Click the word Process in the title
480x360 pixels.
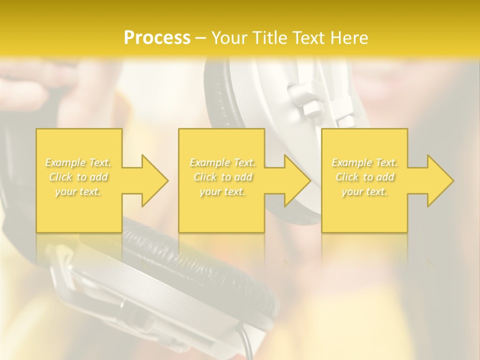(157, 38)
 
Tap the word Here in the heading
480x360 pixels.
(348, 38)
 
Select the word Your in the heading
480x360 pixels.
(228, 38)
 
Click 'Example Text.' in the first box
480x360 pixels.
(78, 162)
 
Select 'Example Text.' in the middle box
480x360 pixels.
(222, 162)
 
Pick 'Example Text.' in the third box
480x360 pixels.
(364, 162)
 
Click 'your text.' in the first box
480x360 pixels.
(78, 191)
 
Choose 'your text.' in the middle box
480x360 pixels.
(222, 191)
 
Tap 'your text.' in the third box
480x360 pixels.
(364, 191)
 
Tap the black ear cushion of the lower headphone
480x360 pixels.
(210, 260)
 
